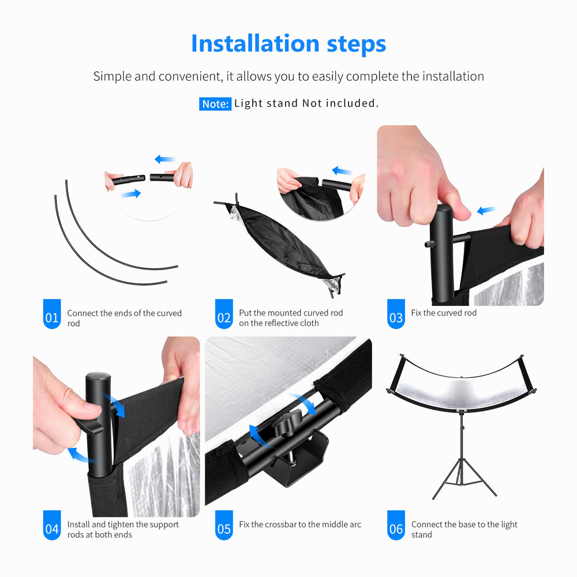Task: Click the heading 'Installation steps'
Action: tap(288, 43)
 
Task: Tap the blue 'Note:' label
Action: tap(215, 104)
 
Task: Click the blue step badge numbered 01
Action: tap(52, 314)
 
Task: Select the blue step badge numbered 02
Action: tap(224, 314)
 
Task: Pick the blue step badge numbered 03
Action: tap(396, 314)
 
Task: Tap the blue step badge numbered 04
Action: tap(52, 525)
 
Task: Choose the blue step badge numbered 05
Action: tap(224, 525)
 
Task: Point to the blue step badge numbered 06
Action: tap(396, 525)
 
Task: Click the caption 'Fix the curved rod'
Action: tap(444, 313)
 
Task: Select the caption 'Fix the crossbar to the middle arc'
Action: tap(300, 524)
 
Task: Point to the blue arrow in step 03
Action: tap(486, 211)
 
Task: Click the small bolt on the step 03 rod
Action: tap(429, 244)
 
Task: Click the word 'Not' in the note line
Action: tap(312, 103)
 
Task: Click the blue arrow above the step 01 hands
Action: tap(164, 159)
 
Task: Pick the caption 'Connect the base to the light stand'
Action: tap(464, 530)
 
